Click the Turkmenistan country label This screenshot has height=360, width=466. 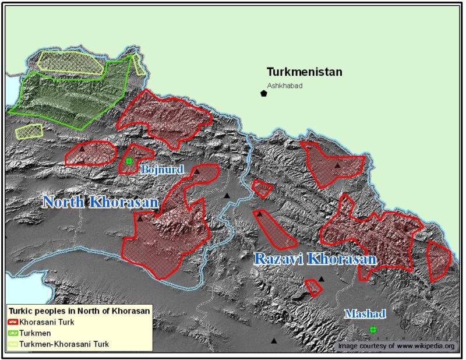point(304,72)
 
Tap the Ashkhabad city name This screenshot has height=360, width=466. point(285,86)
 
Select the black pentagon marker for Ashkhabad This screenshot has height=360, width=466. point(264,93)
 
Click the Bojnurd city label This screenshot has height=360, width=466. point(163,170)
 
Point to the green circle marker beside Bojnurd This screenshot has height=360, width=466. point(129,161)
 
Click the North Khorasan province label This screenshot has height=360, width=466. point(101,202)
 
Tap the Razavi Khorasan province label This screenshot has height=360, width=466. point(315,259)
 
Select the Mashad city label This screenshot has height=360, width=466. point(365,314)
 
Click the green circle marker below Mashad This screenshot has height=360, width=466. point(373,330)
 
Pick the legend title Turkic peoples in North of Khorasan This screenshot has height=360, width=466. point(79,311)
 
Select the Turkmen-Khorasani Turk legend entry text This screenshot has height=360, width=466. point(64,344)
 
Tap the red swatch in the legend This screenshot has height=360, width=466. point(13,322)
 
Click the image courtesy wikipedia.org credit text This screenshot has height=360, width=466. point(396,346)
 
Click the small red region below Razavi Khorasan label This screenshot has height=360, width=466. point(313,287)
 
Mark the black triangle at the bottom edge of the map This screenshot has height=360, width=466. point(273,341)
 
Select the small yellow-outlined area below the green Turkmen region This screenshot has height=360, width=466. point(29,131)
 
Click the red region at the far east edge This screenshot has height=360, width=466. point(439,260)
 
